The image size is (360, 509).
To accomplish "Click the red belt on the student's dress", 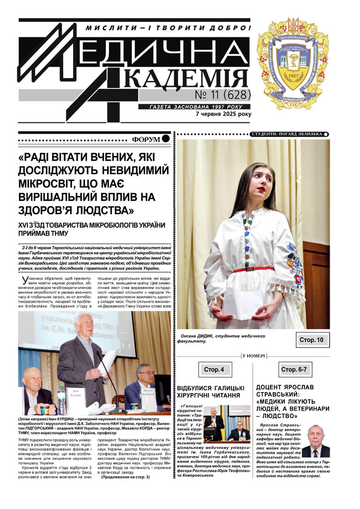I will click(x=254, y=269).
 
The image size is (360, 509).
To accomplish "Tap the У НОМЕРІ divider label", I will click(x=254, y=356).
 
